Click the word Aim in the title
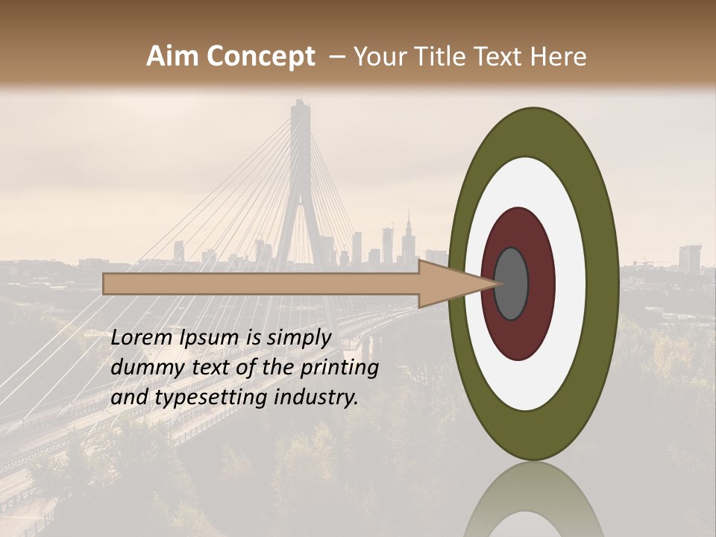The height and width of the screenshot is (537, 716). click(x=172, y=57)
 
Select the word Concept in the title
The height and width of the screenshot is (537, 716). click(x=260, y=57)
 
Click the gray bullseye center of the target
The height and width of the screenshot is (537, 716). click(x=512, y=284)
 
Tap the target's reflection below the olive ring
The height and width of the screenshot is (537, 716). click(x=533, y=500)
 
